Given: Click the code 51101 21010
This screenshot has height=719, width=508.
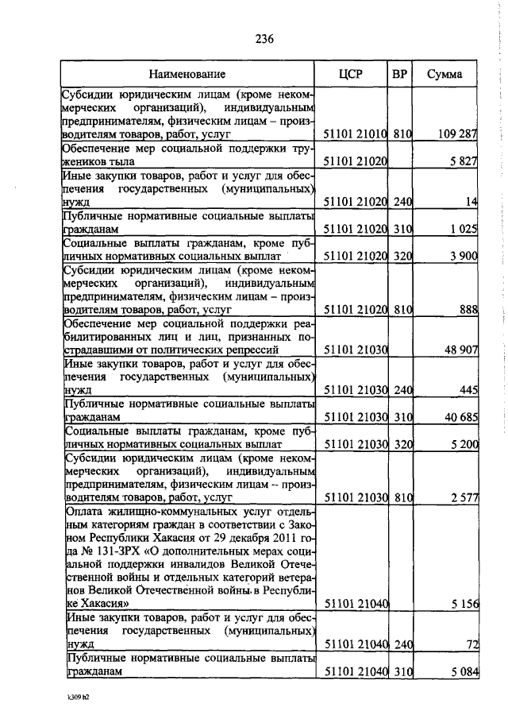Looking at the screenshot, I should tap(356, 134).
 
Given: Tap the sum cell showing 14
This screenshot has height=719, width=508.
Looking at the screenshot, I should tap(471, 202).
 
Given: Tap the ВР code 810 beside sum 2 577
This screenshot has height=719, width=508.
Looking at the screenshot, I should tap(402, 498).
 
